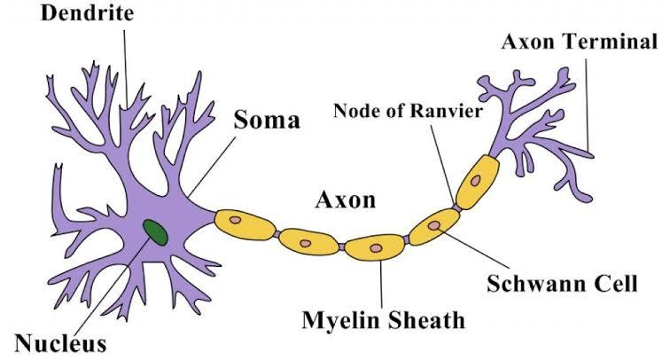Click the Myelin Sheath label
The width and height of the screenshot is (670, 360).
click(x=382, y=318)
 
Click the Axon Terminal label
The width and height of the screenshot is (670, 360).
click(x=580, y=42)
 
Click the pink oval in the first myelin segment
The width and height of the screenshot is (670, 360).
click(x=235, y=219)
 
